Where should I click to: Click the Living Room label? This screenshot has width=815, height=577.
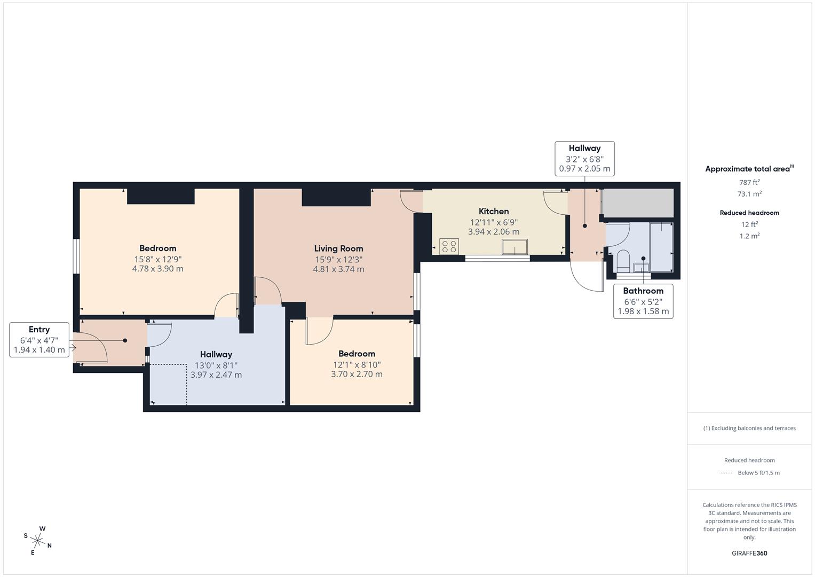(339, 248)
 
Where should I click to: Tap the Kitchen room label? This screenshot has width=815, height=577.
(494, 211)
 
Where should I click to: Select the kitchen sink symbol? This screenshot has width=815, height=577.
(515, 247)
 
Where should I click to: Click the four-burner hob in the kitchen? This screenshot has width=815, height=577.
(449, 246)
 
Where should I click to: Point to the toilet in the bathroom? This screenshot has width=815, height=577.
(623, 261)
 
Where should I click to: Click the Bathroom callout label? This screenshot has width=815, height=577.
(643, 301)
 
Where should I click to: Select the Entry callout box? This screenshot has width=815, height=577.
(39, 340)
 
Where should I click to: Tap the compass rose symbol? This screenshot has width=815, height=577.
(37, 540)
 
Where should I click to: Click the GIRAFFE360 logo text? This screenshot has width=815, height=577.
(749, 553)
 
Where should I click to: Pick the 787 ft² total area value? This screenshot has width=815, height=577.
(749, 182)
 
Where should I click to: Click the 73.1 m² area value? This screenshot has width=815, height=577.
(749, 194)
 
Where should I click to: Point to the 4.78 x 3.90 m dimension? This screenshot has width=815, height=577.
(158, 269)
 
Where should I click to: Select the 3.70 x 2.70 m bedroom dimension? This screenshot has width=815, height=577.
(357, 374)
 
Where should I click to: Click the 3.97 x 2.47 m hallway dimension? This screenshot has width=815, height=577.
(216, 375)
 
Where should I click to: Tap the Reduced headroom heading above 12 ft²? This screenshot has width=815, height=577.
(749, 213)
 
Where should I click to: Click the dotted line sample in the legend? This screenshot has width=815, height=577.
(726, 473)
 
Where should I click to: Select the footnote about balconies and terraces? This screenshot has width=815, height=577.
(749, 428)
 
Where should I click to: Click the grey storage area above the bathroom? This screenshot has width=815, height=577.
(638, 202)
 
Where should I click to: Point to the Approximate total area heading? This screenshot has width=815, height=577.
(749, 169)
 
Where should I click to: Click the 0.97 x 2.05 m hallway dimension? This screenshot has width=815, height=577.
(584, 169)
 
